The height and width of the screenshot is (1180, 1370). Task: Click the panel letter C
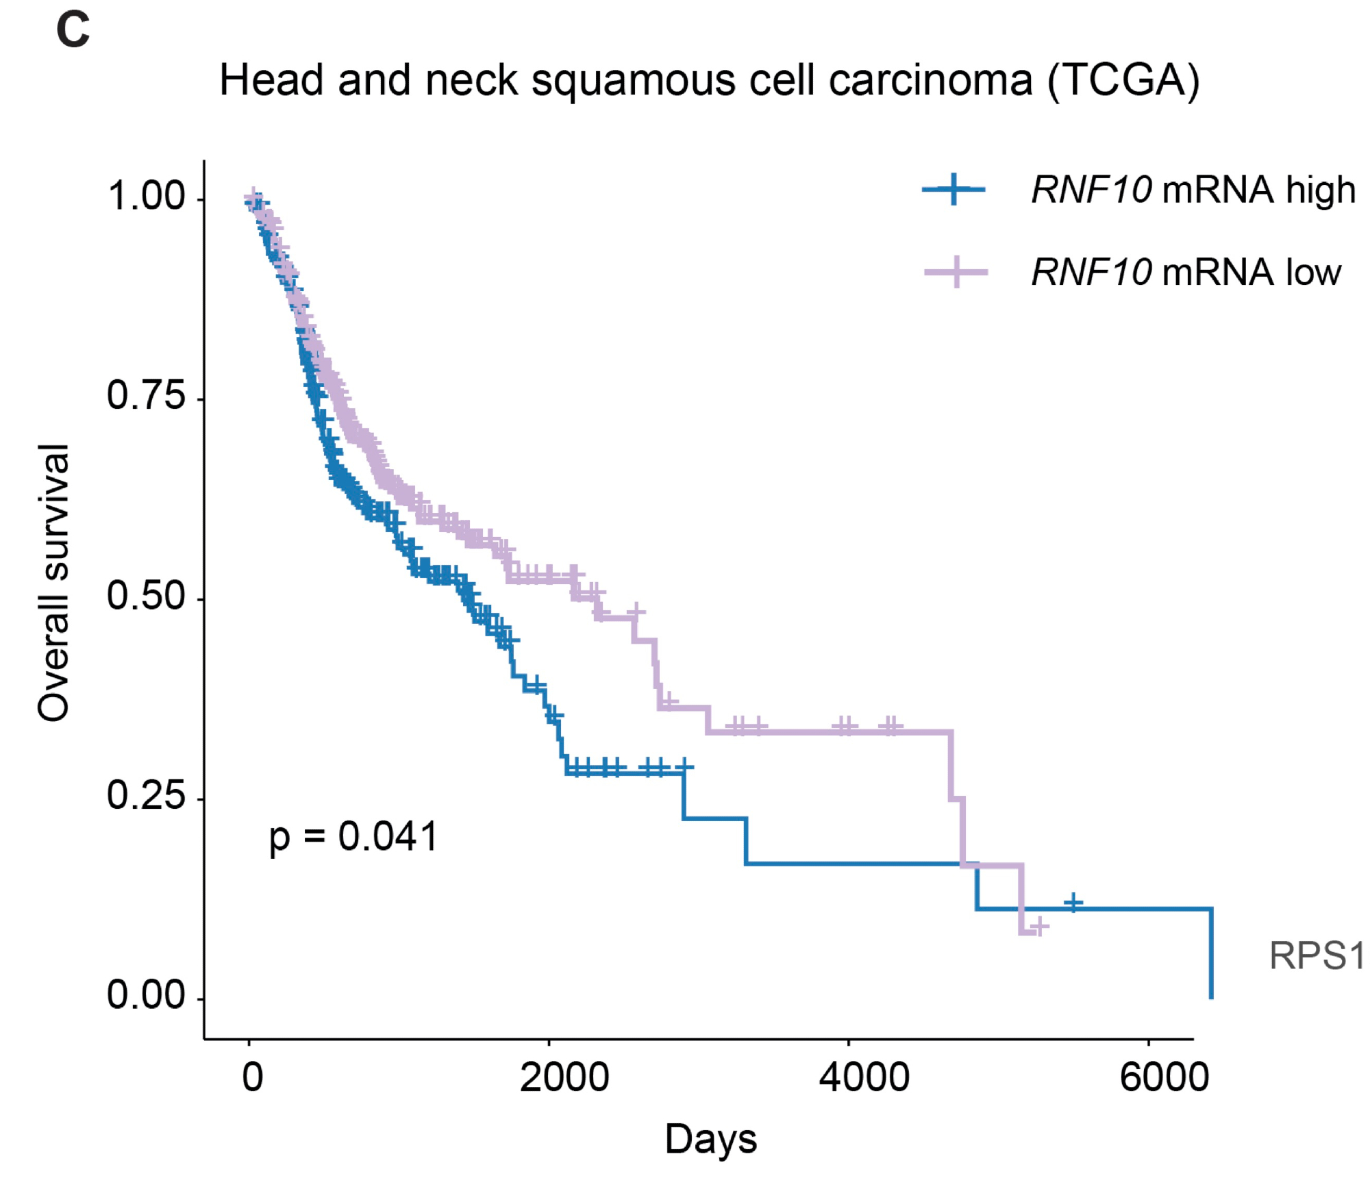[73, 31]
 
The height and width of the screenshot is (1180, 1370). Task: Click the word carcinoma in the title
[930, 81]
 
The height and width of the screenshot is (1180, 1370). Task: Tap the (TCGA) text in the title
[1123, 81]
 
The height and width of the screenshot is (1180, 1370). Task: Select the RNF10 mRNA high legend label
[1193, 190]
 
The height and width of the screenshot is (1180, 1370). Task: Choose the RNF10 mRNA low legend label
[1186, 272]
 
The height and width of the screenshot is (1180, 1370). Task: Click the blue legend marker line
[954, 189]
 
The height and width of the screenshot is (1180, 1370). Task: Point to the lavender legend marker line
[956, 272]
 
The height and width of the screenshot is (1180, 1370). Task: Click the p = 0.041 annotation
[353, 836]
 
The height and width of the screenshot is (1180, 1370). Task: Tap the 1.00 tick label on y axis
[147, 196]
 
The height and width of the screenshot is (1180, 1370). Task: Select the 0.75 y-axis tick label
[147, 396]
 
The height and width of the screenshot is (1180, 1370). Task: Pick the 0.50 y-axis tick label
[147, 596]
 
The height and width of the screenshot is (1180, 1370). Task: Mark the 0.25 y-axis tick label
[147, 795]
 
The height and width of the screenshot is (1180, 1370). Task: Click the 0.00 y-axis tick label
[147, 995]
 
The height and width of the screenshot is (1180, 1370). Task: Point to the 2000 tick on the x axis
[564, 1077]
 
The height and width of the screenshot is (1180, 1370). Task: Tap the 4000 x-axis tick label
[864, 1077]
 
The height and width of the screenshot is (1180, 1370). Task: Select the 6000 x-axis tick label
[1164, 1077]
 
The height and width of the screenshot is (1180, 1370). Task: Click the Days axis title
[711, 1140]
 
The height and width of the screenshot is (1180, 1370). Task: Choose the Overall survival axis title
[53, 582]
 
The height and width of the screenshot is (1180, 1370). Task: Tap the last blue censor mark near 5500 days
[1073, 903]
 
